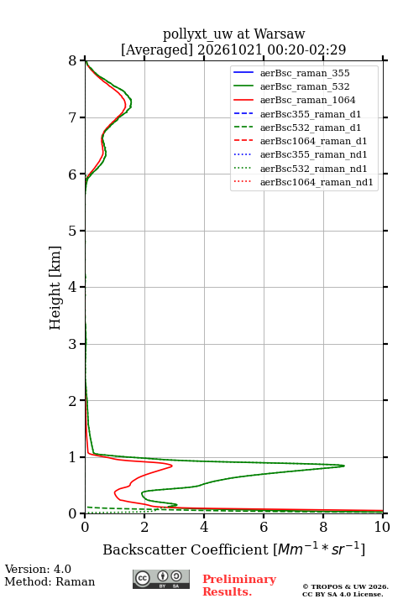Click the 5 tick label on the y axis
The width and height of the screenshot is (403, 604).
[72, 231]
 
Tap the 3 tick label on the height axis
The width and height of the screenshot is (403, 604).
[72, 344]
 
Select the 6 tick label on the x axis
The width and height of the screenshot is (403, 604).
[264, 527]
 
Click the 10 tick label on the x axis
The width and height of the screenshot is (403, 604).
[382, 527]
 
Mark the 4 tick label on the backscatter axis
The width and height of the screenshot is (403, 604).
[204, 527]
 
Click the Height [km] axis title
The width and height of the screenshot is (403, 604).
[55, 288]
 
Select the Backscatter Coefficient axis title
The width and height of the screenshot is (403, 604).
[233, 549]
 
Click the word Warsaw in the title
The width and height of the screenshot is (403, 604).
[280, 34]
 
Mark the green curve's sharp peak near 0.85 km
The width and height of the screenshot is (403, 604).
[344, 466]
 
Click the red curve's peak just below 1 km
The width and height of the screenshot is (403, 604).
[171, 466]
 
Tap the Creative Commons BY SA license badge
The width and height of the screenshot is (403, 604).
[161, 579]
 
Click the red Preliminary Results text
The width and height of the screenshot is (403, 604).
[239, 586]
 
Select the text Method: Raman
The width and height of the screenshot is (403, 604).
[50, 581]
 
